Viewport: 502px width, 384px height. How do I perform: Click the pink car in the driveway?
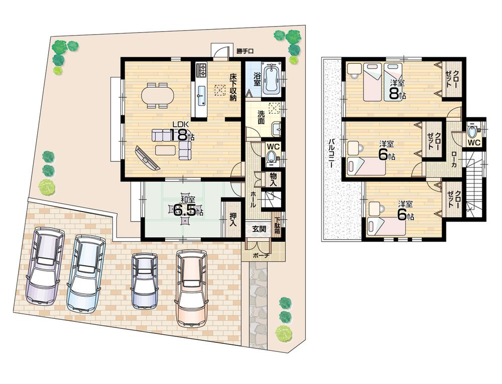coord(191,288)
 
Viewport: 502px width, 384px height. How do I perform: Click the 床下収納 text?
coord(232,88)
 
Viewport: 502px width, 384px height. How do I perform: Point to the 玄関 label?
coord(259,229)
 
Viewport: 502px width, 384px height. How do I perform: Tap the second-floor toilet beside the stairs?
coord(472,132)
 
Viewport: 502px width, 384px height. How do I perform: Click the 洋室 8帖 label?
coord(397,88)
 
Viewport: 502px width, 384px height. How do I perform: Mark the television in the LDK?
coord(147,158)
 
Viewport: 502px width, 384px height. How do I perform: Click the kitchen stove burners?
coord(202,69)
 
